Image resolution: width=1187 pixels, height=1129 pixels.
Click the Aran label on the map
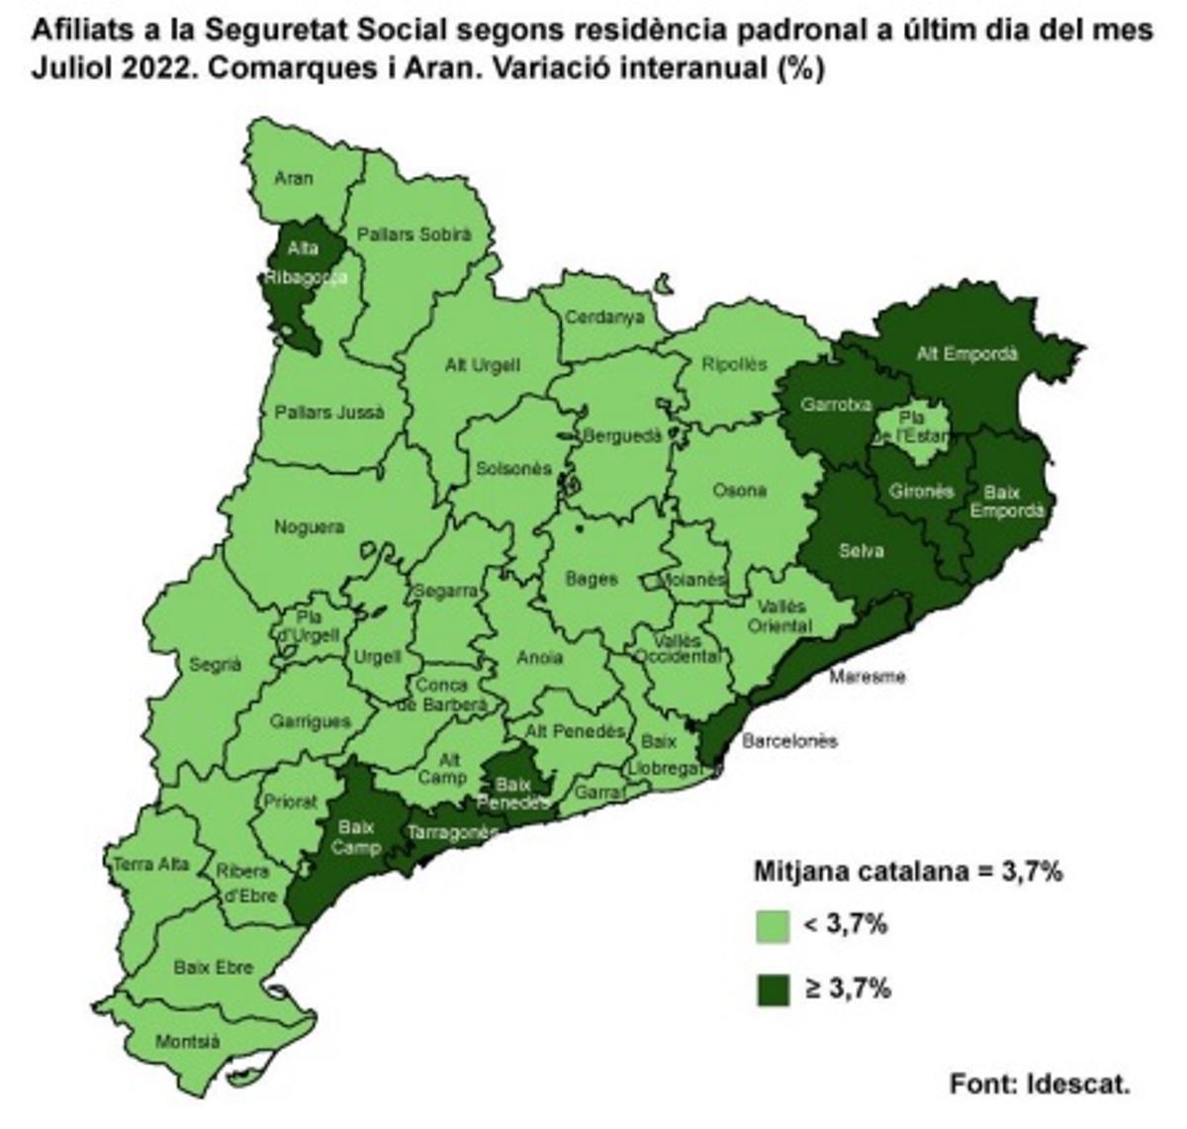[x=294, y=178]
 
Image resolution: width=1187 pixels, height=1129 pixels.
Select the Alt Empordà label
[x=966, y=353]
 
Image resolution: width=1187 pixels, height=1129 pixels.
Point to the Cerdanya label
[x=603, y=317]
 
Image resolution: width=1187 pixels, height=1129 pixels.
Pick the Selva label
[x=861, y=550]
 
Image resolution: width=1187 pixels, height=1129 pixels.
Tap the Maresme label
[x=867, y=677]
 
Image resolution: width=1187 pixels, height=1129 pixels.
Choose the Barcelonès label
[x=789, y=740]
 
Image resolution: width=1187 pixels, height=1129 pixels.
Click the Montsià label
[x=187, y=1041]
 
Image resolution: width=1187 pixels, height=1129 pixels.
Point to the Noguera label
[x=310, y=527]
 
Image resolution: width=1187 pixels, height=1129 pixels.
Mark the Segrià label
[x=215, y=665]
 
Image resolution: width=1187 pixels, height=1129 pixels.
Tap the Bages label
[x=591, y=579]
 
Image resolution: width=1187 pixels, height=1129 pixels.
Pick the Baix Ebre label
[x=213, y=967]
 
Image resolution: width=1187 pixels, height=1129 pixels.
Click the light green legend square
[x=773, y=926]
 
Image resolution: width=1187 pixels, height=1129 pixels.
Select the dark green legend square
[x=773, y=988]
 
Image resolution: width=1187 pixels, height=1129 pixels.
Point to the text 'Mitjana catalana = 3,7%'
[x=908, y=872]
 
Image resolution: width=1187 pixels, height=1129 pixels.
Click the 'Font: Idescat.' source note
[x=1040, y=1082]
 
